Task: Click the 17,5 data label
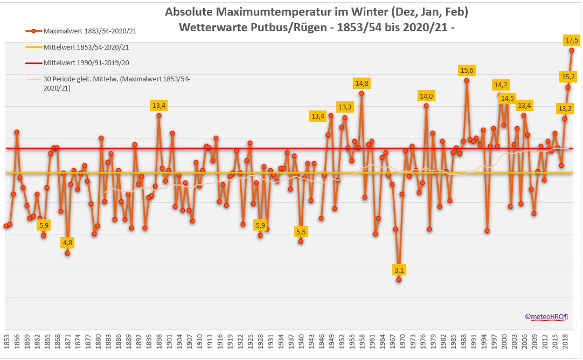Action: click(x=572, y=40)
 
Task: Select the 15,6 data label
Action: click(x=467, y=70)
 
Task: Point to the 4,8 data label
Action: click(x=67, y=243)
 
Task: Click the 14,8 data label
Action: click(x=362, y=83)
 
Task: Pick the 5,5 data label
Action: click(x=301, y=232)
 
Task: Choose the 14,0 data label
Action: click(x=426, y=96)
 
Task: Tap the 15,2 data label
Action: click(x=568, y=77)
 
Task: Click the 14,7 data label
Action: click(x=501, y=85)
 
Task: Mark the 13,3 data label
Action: click(x=344, y=107)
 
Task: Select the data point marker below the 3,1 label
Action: click(x=399, y=280)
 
